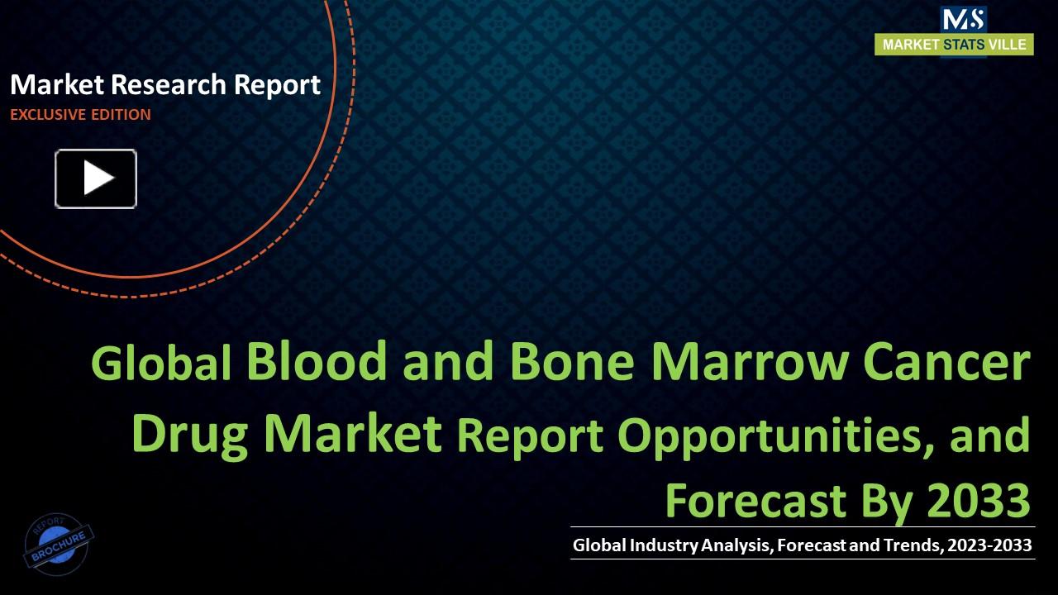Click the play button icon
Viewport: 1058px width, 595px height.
click(x=96, y=178)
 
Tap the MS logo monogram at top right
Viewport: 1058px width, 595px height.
click(x=963, y=19)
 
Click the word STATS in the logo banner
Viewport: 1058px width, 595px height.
click(x=963, y=45)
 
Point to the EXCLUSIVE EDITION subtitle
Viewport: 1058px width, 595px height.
click(x=80, y=115)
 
